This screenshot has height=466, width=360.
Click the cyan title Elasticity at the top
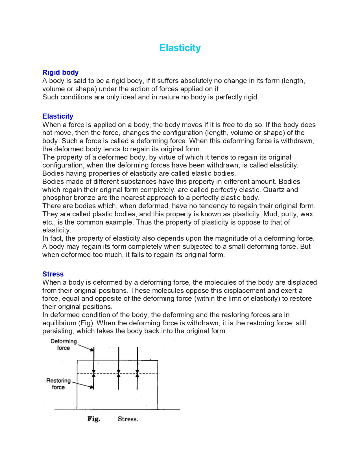180,48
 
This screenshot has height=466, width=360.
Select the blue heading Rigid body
60,73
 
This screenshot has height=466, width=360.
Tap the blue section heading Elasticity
58,116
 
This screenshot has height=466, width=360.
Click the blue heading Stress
53,274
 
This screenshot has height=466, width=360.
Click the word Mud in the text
270,214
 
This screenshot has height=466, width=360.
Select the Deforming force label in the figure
64,345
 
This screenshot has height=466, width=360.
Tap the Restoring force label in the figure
58,384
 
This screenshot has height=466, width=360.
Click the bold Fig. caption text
94,419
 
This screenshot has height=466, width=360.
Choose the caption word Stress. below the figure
128,419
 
